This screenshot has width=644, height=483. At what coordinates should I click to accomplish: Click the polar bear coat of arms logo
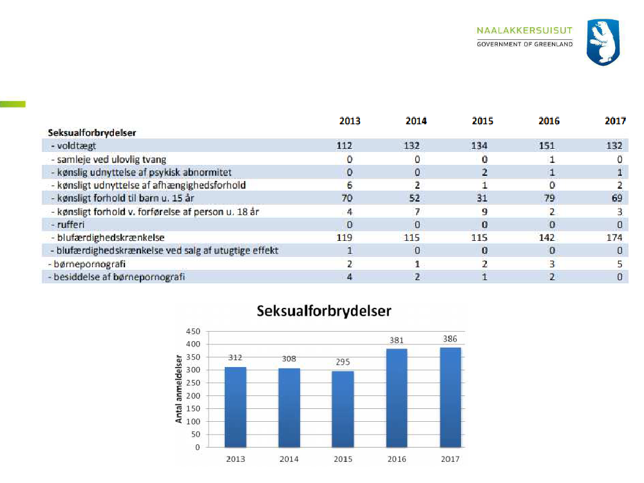(x=603, y=43)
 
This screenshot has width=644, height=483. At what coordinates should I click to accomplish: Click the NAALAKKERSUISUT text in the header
(x=524, y=31)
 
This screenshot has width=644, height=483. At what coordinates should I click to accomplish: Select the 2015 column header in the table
(x=482, y=121)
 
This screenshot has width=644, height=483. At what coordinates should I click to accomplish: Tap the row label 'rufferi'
(x=67, y=224)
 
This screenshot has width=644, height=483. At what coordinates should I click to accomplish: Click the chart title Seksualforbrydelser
(x=324, y=311)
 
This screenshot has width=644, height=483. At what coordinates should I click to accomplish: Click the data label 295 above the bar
(x=343, y=362)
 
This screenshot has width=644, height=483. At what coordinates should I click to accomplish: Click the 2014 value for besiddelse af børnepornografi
(x=417, y=276)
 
